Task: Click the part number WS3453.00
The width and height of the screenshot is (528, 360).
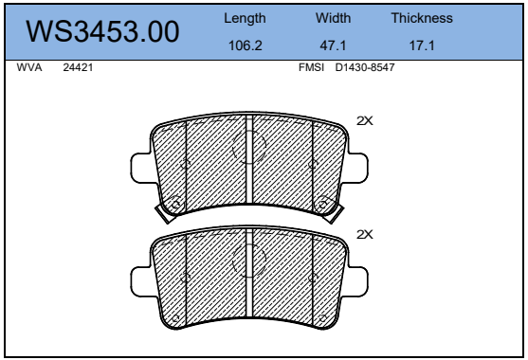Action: point(102,31)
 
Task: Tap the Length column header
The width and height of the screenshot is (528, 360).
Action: point(245,18)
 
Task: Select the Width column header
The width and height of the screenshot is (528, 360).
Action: point(333,18)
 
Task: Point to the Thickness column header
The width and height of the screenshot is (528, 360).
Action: point(422,18)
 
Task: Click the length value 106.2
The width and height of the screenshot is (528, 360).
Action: point(246,45)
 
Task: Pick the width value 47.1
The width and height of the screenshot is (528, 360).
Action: point(333,45)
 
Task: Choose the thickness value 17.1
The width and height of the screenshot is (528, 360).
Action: point(422,45)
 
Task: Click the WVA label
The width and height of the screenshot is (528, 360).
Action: point(29,67)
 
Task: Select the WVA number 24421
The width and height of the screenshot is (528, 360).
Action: point(78,67)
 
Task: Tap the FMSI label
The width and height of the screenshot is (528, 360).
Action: point(311,67)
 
